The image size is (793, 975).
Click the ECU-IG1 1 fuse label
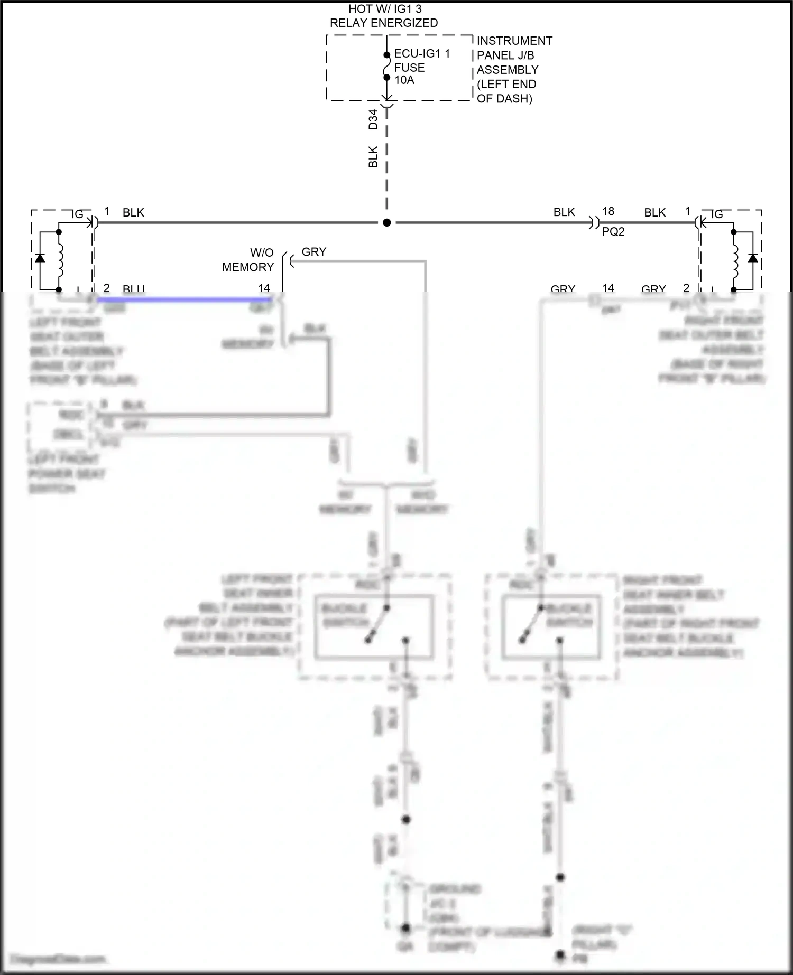[421, 54]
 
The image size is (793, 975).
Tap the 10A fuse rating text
[404, 80]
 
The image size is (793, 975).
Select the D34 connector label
[373, 119]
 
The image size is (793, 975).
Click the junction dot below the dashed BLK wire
[387, 223]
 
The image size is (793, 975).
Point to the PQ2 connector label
[613, 231]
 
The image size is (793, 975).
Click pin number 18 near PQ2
[608, 211]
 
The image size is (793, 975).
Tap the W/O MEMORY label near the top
[248, 260]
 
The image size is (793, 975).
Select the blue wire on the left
[185, 299]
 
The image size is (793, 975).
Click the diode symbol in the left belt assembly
[39, 259]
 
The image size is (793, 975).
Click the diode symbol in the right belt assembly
[753, 259]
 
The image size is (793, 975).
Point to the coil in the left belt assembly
[59, 260]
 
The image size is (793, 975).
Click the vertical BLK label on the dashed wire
[373, 157]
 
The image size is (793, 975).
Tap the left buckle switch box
[374, 627]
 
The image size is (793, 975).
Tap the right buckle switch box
[550, 627]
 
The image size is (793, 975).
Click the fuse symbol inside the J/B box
[387, 66]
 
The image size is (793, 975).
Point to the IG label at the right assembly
[717, 214]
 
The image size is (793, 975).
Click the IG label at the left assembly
[78, 214]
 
